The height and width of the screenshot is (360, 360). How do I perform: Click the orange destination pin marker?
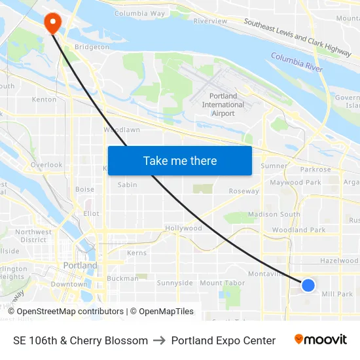[x=52, y=23]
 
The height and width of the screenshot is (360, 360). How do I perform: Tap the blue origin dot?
[x=308, y=285]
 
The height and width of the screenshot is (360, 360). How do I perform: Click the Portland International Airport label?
[x=223, y=105]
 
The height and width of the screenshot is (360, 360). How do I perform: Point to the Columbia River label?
[x=297, y=63]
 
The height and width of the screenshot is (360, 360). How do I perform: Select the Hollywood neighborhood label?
[x=183, y=228]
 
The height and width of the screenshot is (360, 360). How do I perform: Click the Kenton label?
[x=44, y=99]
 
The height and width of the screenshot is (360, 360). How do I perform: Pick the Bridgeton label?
[x=92, y=47]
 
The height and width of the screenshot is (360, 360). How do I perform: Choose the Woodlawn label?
[x=122, y=130]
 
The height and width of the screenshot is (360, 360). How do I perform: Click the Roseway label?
[x=243, y=192]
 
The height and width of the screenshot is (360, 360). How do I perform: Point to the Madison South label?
[x=274, y=214]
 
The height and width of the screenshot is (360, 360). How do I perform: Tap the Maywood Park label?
[x=295, y=183]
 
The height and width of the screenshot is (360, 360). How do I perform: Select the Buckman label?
[x=122, y=278]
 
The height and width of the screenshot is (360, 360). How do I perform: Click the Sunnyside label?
[x=175, y=283]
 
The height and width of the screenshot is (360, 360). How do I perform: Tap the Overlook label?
[x=46, y=165]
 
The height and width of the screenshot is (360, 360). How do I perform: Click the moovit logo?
[x=320, y=340]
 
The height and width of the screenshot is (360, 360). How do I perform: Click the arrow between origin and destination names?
[x=160, y=340]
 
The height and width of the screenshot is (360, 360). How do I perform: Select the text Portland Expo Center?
[x=223, y=340]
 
